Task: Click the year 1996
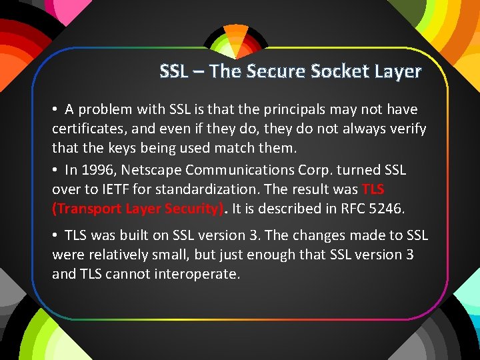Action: click(x=97, y=171)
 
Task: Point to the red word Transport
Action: click(x=84, y=208)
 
